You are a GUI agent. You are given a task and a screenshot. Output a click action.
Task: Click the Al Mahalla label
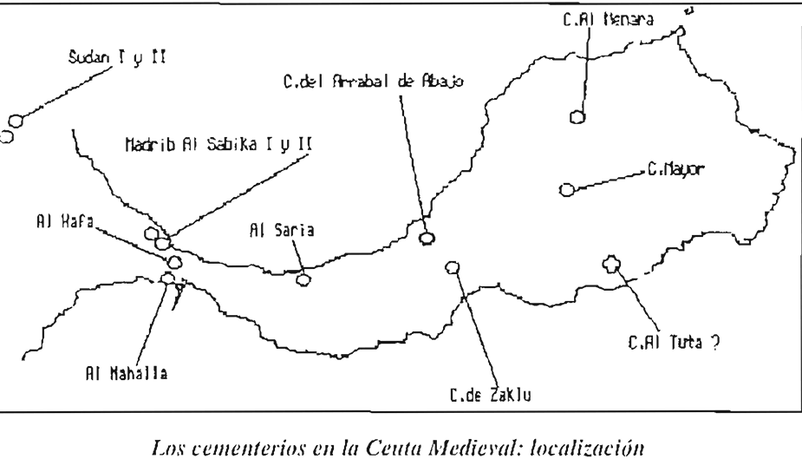121,376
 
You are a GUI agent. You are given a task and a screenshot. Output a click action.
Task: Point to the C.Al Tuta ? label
674,342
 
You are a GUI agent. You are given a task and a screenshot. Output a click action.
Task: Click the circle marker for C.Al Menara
577,116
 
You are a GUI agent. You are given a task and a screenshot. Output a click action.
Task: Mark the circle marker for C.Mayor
565,188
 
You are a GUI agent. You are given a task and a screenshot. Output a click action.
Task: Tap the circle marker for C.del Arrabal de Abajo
426,238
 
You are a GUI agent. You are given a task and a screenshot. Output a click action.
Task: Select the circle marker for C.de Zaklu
450,266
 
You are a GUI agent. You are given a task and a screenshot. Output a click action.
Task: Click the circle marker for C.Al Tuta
611,263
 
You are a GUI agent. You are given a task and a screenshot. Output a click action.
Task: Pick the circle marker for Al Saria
303,279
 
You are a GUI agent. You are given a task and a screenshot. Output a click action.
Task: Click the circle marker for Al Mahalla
167,279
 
